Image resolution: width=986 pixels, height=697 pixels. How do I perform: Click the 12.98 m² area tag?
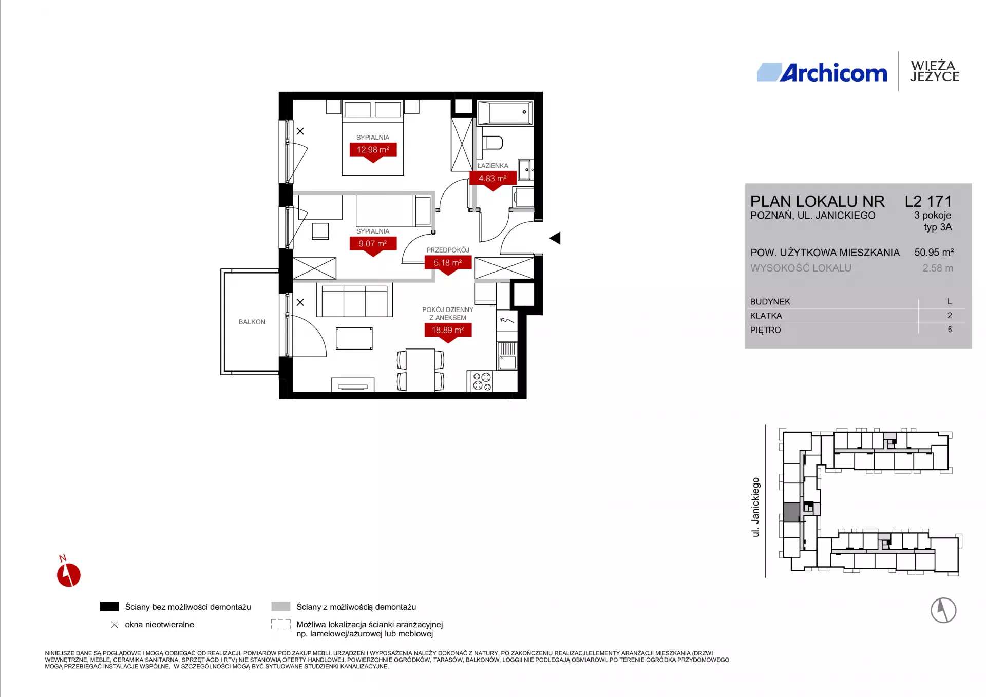click(x=373, y=150)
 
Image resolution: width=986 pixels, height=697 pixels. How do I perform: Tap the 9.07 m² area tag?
click(x=373, y=244)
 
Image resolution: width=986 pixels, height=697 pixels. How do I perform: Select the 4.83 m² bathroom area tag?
click(x=493, y=179)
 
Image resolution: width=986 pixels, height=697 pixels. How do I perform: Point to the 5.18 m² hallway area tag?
click(x=448, y=263)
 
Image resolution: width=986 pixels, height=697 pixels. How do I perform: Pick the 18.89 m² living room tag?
click(x=448, y=331)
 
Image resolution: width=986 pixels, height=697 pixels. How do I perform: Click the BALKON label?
click(x=252, y=322)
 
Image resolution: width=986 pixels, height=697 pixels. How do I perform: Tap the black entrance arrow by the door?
click(x=555, y=238)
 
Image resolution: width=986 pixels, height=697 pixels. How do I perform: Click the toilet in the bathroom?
click(x=492, y=142)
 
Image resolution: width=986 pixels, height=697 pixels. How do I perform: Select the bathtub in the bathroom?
click(x=505, y=112)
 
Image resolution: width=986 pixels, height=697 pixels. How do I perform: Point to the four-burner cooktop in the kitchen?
click(x=482, y=382)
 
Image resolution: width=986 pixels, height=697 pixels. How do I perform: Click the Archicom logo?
click(x=822, y=73)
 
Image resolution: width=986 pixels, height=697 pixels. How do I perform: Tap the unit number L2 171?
click(x=928, y=201)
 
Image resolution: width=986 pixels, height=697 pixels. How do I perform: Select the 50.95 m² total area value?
click(x=934, y=253)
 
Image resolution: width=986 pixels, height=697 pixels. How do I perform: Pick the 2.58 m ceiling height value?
click(x=938, y=268)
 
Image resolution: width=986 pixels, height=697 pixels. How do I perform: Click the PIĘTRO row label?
click(x=765, y=330)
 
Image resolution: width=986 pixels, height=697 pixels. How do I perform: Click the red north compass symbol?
click(x=68, y=573)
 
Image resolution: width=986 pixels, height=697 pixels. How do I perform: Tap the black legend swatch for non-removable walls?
click(x=109, y=606)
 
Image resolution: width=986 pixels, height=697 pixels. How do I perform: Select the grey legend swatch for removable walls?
click(x=281, y=606)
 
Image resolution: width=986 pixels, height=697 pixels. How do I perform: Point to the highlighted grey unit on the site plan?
click(x=791, y=512)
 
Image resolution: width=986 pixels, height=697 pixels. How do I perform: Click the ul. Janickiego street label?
click(x=755, y=507)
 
